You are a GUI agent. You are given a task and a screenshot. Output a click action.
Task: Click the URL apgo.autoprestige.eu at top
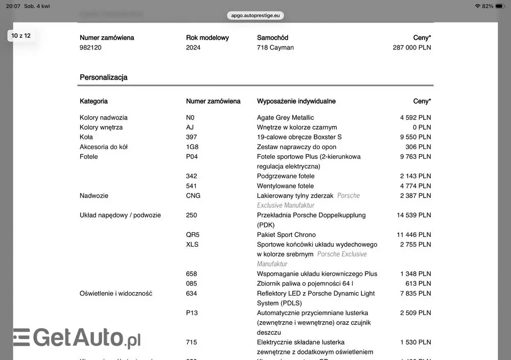click(255, 15)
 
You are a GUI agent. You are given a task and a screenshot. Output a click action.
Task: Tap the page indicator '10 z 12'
click(21, 36)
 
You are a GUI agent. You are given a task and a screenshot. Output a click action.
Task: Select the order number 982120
click(90, 47)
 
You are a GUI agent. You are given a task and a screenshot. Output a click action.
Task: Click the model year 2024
click(193, 47)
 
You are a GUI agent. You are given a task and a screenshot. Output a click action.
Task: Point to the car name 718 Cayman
click(275, 47)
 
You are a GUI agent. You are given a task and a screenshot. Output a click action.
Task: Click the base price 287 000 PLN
click(411, 47)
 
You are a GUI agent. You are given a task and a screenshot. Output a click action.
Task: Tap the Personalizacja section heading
click(104, 78)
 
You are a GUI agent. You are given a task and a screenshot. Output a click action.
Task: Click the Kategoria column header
click(94, 101)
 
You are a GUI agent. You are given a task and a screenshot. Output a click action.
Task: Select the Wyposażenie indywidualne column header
click(296, 101)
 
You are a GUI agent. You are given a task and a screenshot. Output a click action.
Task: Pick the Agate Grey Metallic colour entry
click(285, 117)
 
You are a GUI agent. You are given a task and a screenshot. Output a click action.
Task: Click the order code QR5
click(193, 235)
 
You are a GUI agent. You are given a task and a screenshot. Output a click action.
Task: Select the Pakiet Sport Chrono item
click(286, 235)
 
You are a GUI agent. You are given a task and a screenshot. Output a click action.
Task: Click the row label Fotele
click(88, 157)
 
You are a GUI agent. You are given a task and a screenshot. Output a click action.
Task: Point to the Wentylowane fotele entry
click(285, 186)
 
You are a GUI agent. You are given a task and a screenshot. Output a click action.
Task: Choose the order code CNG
click(193, 196)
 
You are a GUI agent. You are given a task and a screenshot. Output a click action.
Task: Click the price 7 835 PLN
click(415, 294)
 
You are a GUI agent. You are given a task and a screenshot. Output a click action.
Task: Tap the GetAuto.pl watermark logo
click(77, 338)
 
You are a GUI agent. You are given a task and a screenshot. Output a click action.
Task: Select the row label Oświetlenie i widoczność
click(115, 294)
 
